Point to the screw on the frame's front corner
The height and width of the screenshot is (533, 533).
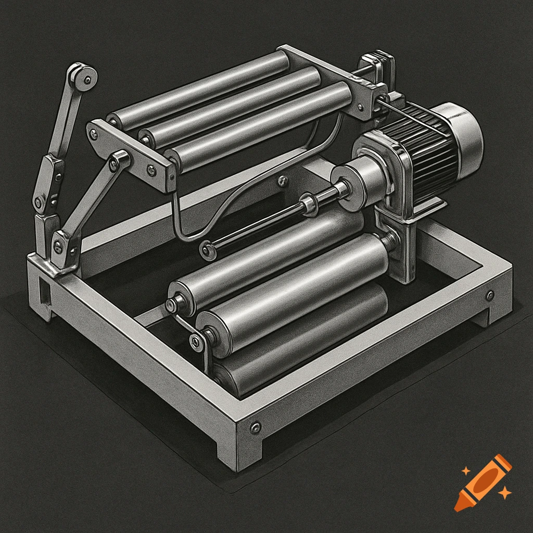tap(255, 428)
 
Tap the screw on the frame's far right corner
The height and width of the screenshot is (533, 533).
tap(490, 296)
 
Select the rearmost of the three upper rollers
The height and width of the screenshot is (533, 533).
tap(203, 88)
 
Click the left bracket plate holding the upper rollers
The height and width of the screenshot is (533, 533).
tap(130, 148)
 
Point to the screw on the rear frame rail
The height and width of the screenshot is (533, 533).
tap(283, 181)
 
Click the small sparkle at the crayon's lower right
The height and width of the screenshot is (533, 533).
tap(503, 491)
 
